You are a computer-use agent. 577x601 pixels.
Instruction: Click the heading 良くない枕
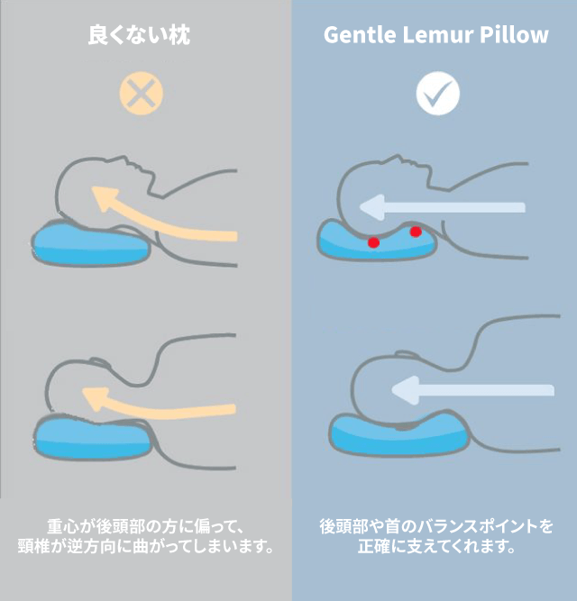click(139, 35)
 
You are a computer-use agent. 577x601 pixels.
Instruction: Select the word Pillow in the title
click(514, 35)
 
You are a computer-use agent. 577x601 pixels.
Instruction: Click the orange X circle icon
click(142, 93)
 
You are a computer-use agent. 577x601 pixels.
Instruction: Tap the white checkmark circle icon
click(438, 93)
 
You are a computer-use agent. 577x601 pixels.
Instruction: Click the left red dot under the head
click(374, 242)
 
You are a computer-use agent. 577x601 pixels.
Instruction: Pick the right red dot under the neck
click(416, 232)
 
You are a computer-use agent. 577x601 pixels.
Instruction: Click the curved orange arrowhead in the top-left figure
click(105, 196)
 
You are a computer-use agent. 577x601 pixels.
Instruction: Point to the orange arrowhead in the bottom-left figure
click(95, 397)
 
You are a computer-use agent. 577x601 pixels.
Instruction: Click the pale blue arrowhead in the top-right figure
click(371, 207)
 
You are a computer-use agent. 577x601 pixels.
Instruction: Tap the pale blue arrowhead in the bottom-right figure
click(405, 390)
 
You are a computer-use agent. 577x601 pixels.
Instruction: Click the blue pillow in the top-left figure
click(90, 243)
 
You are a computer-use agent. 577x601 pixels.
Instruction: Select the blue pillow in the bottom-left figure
click(93, 437)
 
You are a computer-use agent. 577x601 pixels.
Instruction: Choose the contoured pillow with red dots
click(378, 241)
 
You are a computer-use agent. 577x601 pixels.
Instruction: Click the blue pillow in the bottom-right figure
click(399, 434)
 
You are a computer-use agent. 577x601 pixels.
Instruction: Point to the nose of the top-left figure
click(124, 159)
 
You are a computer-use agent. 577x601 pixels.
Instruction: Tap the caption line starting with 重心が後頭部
click(146, 526)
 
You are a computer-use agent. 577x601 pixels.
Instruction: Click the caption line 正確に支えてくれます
click(436, 546)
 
